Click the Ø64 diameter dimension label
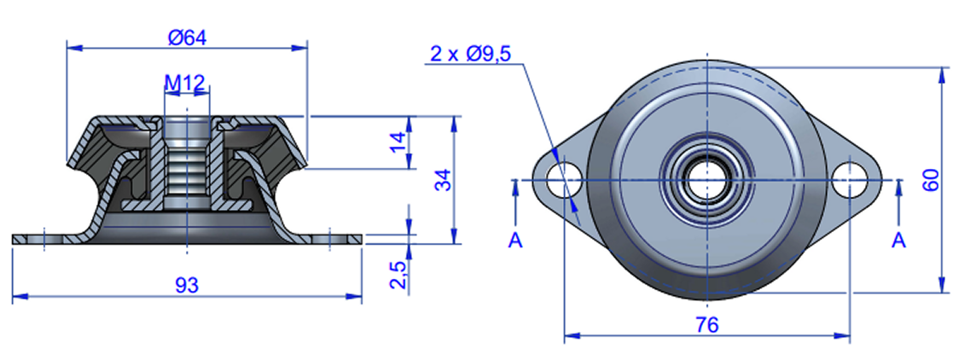[188, 37]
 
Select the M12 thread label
[184, 83]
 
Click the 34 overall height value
[441, 181]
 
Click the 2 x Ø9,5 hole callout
[470, 55]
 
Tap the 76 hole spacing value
[707, 324]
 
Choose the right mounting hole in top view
[850, 180]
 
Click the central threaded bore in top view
[707, 180]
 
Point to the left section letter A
[514, 241]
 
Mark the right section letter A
[898, 241]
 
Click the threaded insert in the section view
[186, 162]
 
